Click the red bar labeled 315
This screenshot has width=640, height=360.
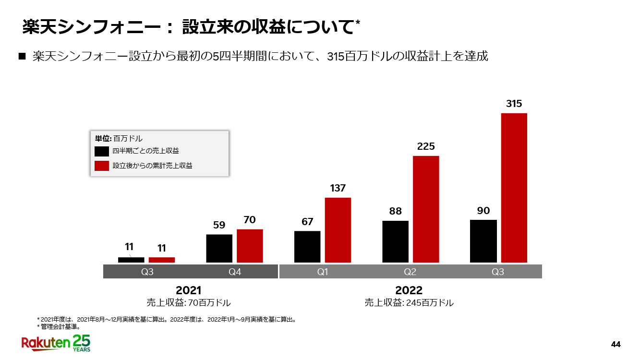point(514,188)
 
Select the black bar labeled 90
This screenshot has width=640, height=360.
point(483,241)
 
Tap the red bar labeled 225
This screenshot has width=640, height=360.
point(426,209)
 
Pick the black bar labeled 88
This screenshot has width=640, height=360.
point(395,241)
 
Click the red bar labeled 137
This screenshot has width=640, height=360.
point(338,230)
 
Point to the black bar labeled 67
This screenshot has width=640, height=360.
point(307,247)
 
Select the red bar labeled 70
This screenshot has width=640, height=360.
point(250,246)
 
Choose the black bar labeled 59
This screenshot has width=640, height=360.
point(219,248)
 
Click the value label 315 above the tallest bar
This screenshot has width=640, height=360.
point(514,104)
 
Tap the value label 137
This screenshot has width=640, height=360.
point(338,188)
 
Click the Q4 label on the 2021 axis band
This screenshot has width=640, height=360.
point(235,272)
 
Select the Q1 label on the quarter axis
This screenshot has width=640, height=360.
point(323,272)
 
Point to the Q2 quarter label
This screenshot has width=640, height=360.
point(410,272)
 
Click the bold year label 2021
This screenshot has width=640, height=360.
point(189,290)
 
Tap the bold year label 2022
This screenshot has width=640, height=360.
point(409,290)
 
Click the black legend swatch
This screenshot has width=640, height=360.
point(102,151)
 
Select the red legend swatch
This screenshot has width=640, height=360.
point(102,166)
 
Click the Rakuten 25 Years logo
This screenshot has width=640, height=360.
point(56,343)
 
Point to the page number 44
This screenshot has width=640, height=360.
point(616,344)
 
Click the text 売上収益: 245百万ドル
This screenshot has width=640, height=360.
point(409,303)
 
